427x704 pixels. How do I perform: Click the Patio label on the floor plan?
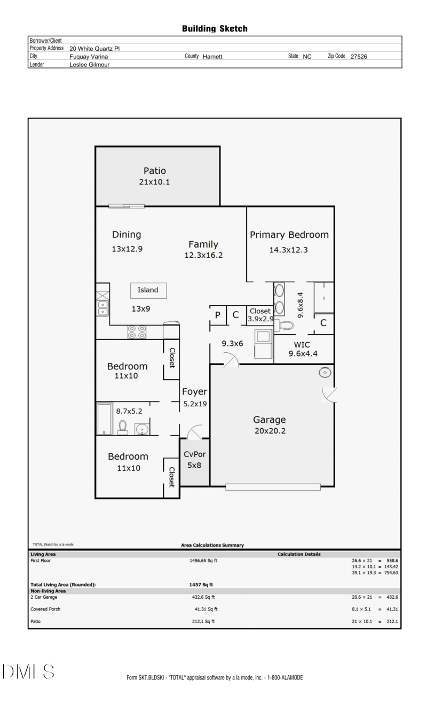tap(154, 171)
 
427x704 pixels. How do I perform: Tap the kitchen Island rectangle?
tap(148, 290)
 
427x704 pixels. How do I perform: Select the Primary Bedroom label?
tap(289, 235)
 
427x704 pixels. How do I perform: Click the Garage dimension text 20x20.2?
tap(270, 431)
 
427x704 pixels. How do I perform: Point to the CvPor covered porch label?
tap(195, 454)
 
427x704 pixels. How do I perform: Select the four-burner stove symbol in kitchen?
tap(137, 332)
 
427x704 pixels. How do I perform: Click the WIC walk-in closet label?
tap(302, 345)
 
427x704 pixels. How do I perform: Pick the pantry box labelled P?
tap(218, 315)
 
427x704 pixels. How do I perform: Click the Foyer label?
tap(194, 392)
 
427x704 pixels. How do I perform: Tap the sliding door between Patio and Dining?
tap(126, 206)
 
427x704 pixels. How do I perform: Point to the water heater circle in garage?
tap(325, 373)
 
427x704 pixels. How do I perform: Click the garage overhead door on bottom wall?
tap(273, 486)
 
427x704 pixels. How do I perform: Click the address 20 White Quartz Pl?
tap(94, 48)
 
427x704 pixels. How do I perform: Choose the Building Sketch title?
tap(215, 28)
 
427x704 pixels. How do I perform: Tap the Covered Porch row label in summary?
tap(45, 609)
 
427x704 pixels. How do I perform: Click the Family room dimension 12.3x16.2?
tap(203, 256)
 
